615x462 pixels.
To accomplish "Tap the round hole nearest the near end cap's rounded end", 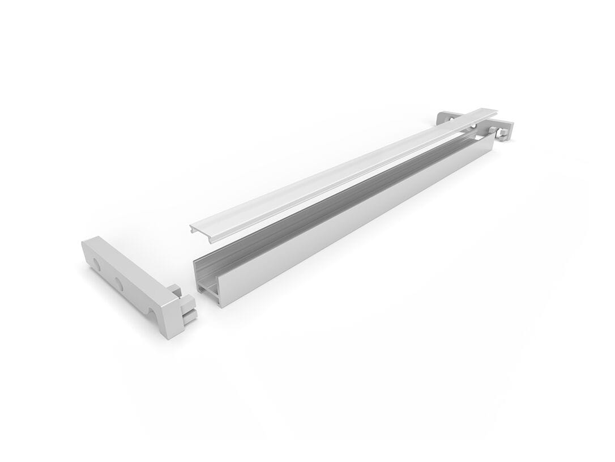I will (96, 264).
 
